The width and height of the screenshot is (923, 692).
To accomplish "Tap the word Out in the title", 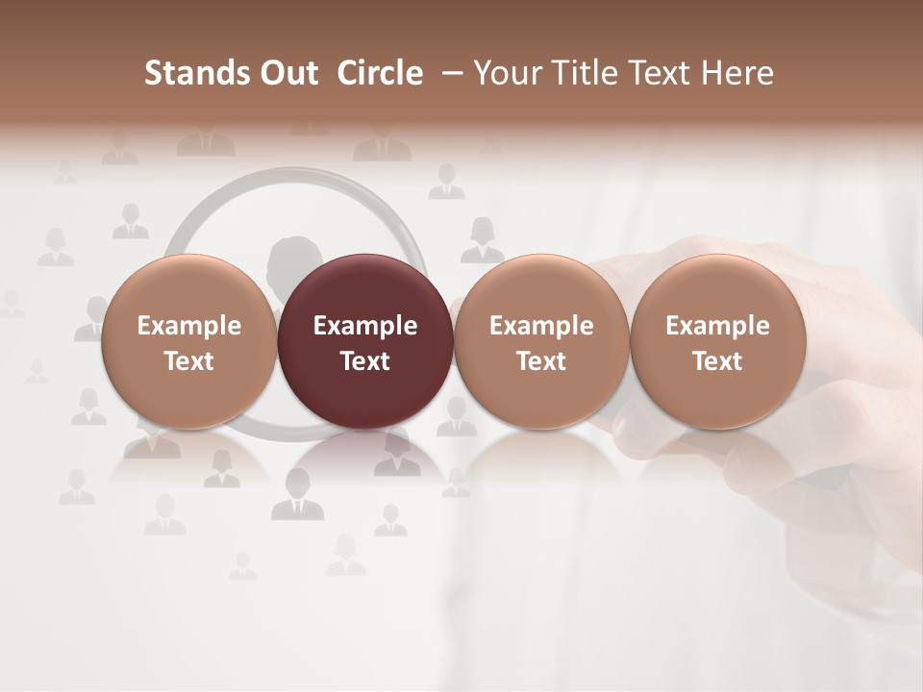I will tap(286, 73).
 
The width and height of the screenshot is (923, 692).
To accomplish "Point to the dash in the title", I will tap(449, 73).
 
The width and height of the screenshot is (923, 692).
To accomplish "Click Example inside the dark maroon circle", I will tap(365, 326).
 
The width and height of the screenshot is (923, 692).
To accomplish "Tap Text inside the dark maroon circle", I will tap(365, 361).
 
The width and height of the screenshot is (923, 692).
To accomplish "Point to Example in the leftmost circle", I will tap(188, 326).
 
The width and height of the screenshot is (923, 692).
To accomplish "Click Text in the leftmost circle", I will tap(188, 361).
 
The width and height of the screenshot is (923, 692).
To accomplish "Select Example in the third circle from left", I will tap(541, 326).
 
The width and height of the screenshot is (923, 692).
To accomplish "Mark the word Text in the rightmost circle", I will tap(718, 361).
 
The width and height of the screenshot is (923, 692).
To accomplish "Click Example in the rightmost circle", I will tap(718, 326).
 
